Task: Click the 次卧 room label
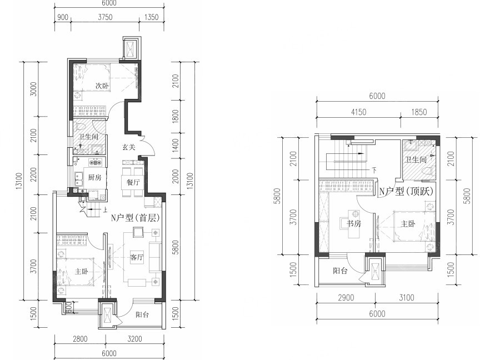coord(102,86)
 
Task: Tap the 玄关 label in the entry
coord(129,147)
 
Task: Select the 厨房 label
coord(94,177)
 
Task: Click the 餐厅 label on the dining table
coord(133,182)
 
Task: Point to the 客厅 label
coord(137,257)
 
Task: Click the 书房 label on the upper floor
coord(354,224)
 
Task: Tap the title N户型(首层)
coord(135,218)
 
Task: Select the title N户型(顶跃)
coord(407,192)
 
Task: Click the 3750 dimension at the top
coord(106,17)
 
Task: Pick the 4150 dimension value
coord(358,112)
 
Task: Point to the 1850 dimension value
coord(419,112)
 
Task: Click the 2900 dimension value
coord(346,298)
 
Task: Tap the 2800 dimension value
coord(80,339)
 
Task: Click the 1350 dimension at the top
coord(151,17)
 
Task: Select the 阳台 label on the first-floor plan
coord(142,314)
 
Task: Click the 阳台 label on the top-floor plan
coord(340,271)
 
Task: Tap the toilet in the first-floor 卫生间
coord(80,126)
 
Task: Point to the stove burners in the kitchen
coord(95,161)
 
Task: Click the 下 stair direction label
coord(374,170)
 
